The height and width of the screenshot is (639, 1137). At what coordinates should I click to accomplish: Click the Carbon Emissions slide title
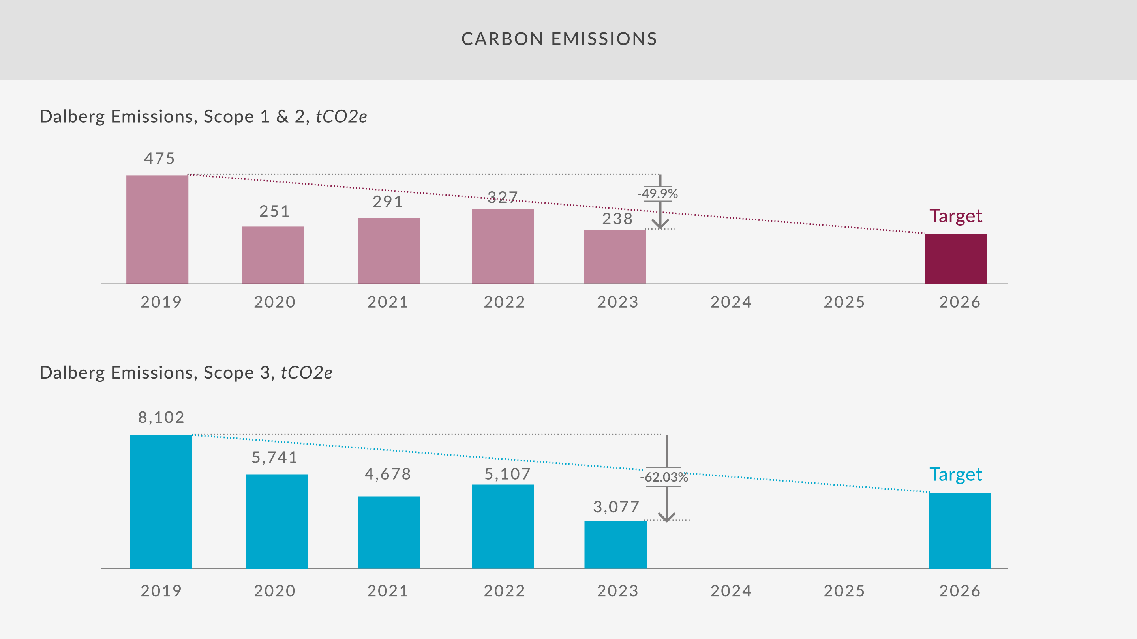pos(559,39)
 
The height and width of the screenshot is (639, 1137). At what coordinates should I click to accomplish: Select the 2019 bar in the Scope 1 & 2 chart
pos(157,229)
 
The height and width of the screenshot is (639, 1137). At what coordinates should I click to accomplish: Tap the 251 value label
pos(274,211)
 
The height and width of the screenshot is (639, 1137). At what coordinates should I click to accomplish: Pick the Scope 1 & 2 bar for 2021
pos(388,250)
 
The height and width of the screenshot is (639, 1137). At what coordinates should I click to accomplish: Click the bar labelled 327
pos(503,246)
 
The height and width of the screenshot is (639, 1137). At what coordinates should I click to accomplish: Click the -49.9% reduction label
pos(657,194)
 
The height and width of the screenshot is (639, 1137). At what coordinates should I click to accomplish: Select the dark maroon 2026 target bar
pos(955,259)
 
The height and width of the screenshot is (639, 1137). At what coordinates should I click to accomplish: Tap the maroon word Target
pos(955,216)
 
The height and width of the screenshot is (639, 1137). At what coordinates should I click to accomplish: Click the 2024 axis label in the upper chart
pos(731,302)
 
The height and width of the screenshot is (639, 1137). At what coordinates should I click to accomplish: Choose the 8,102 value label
pos(161,417)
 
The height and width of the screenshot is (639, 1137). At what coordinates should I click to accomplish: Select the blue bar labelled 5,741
pos(276,521)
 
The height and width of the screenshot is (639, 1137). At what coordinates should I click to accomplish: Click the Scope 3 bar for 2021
pos(388,532)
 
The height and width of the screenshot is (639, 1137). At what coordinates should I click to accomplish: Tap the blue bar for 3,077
pos(615,545)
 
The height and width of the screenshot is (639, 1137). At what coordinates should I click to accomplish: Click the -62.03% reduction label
pos(664,477)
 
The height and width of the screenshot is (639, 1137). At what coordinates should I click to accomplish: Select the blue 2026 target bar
pos(960,531)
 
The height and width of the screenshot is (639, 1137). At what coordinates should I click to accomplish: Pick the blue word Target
pos(955,475)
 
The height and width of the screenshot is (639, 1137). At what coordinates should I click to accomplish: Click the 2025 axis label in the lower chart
pos(844,591)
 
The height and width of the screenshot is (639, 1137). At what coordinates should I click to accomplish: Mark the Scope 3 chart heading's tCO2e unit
pos(306,373)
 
